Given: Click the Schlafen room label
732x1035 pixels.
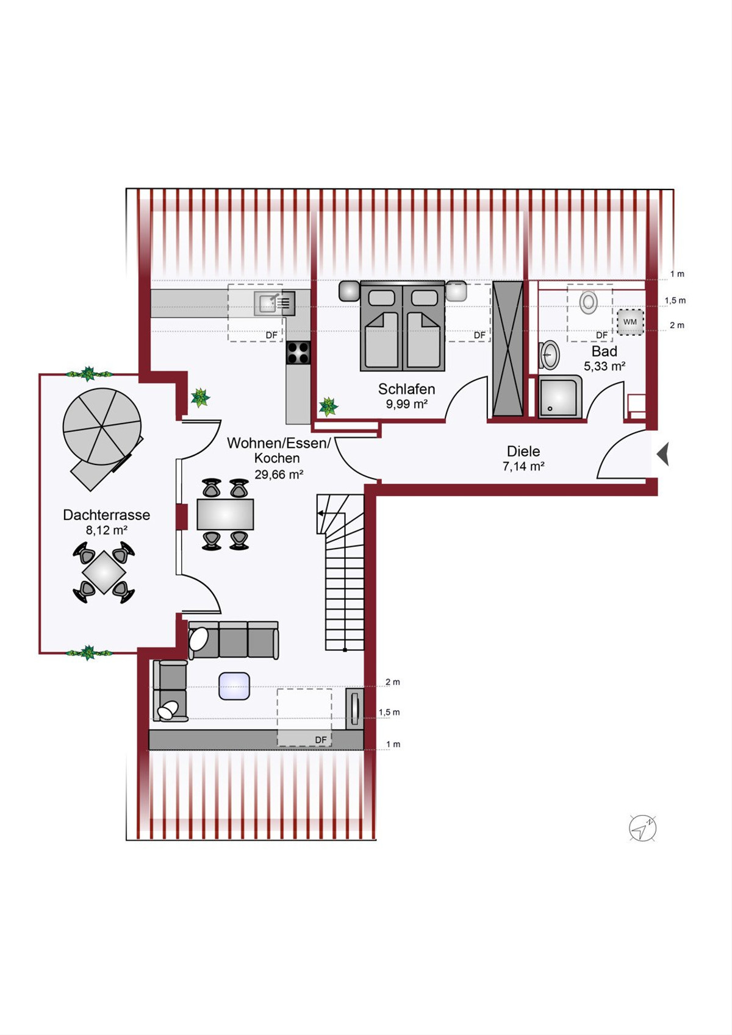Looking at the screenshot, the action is (406, 389).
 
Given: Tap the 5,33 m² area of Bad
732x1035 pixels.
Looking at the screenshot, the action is (605, 366).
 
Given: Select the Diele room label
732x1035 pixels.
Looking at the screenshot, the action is (523, 451).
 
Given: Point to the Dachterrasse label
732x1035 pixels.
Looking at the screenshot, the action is (106, 514).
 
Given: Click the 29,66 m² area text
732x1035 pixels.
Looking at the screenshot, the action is (279, 474).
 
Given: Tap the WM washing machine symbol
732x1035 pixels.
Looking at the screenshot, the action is (630, 322).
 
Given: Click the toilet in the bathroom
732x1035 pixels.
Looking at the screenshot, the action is (588, 302).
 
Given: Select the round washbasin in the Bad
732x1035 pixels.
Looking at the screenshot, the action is (550, 355).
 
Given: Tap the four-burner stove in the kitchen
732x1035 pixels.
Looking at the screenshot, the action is (298, 352).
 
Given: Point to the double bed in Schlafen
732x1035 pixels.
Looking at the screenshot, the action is (403, 326).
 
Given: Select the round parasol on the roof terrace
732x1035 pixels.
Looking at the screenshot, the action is (102, 427).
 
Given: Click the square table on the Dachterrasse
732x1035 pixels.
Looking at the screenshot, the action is (104, 572).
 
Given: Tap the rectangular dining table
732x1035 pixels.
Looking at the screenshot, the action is (225, 514).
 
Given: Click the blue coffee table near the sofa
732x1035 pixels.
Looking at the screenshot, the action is (234, 686).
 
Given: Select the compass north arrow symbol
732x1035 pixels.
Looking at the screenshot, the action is (643, 828).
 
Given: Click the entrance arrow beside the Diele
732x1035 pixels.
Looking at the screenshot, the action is (662, 454).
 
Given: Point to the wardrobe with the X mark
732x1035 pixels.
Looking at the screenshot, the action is (508, 349).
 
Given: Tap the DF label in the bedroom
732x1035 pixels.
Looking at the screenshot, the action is (479, 335).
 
